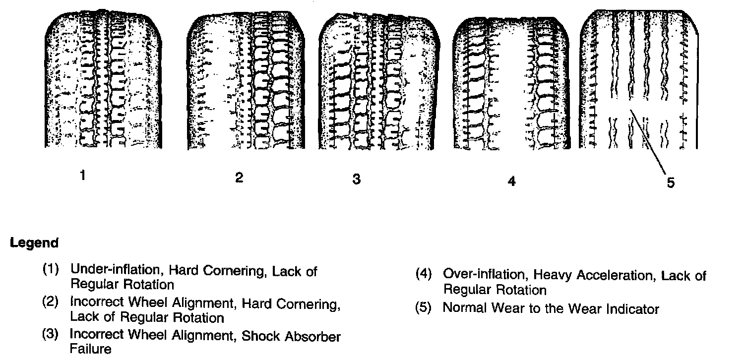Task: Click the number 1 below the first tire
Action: pyautogui.click(x=83, y=176)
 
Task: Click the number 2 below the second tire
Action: pyautogui.click(x=240, y=178)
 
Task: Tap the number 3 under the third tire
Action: pyautogui.click(x=356, y=179)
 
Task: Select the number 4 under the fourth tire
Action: pyautogui.click(x=512, y=181)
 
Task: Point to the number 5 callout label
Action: pyautogui.click(x=671, y=183)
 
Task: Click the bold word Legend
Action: pyautogui.click(x=34, y=243)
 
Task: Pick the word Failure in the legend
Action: pyautogui.click(x=90, y=349)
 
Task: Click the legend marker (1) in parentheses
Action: pyautogui.click(x=51, y=271)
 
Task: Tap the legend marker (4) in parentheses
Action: pyautogui.click(x=424, y=274)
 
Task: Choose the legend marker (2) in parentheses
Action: pyautogui.click(x=51, y=302)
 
